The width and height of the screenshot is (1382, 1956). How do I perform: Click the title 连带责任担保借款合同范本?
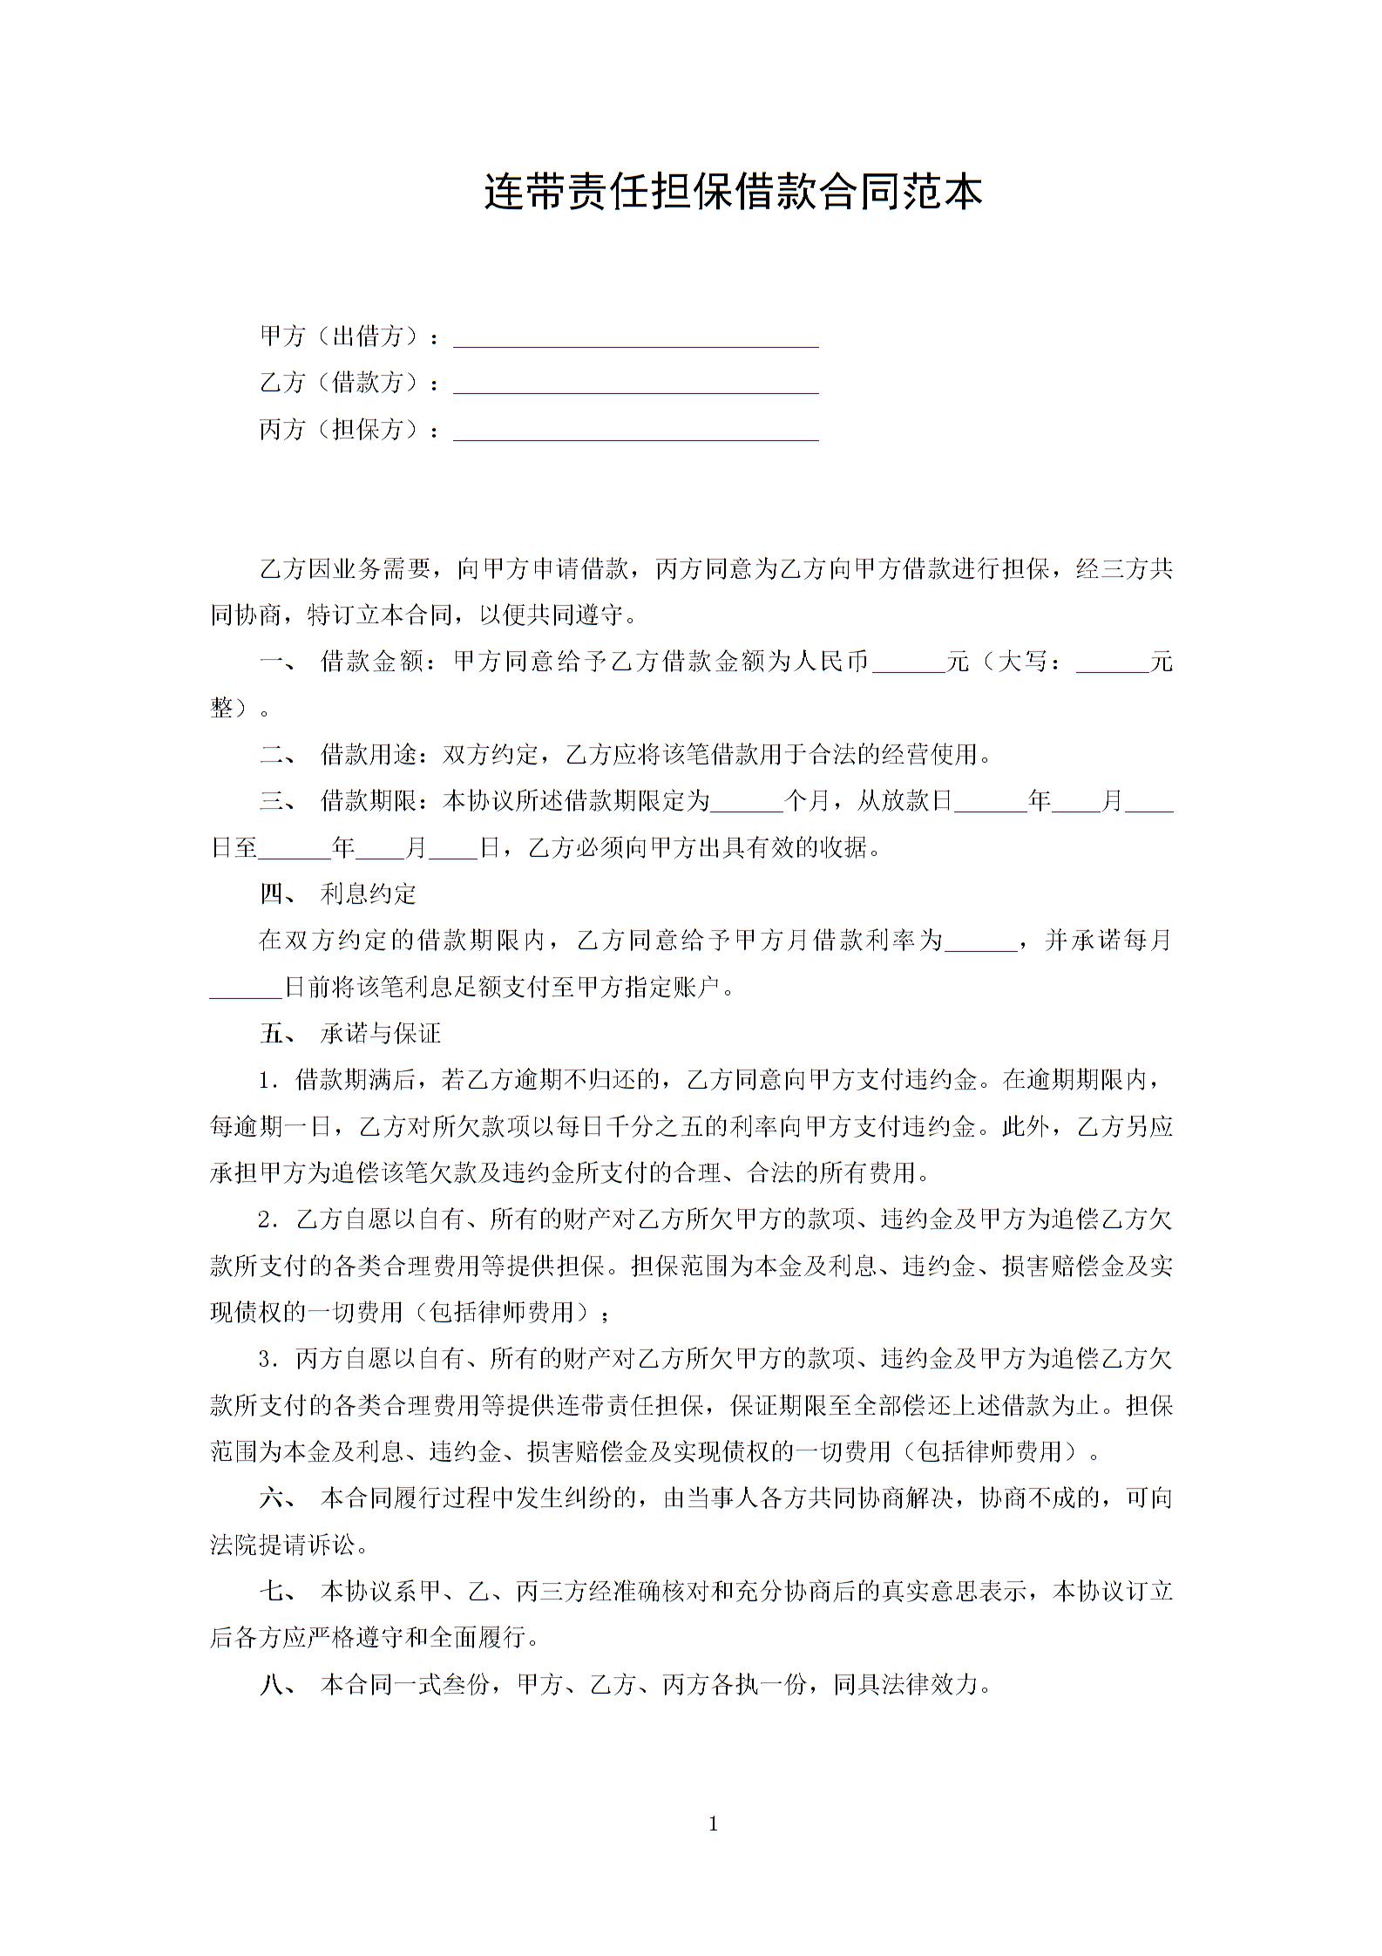coord(733,193)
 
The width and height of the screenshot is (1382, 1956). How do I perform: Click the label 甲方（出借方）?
coord(341,336)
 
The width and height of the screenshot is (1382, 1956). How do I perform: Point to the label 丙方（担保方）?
coord(341,430)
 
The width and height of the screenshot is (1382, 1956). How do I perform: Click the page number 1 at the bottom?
coord(714,1824)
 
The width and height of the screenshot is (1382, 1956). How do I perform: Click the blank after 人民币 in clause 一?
coord(908,664)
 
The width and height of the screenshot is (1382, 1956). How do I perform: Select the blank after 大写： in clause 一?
coord(1113,664)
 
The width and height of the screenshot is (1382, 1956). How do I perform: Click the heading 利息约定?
coord(369,894)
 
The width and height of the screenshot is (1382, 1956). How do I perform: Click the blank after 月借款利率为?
coord(981,942)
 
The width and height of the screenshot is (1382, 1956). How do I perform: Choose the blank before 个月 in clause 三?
coord(747,803)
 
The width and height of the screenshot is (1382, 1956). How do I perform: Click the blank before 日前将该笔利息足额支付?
coord(247,989)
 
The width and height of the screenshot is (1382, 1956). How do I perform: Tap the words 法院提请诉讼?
coord(283,1545)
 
